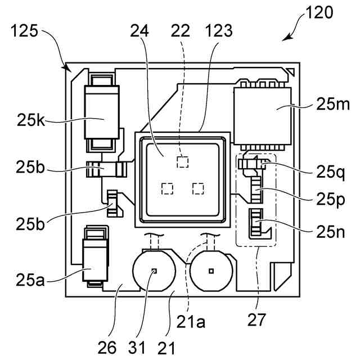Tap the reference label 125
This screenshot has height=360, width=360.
pos(24,31)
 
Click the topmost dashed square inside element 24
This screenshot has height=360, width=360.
pos(181,162)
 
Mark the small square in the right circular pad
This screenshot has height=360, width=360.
pos(211,271)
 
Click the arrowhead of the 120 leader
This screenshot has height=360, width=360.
pos(286,39)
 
